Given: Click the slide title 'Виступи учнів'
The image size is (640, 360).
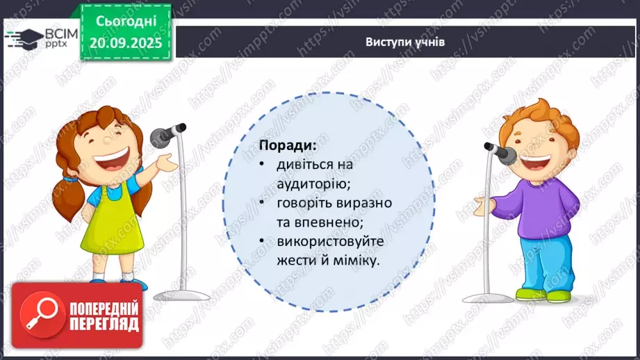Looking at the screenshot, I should [405, 42].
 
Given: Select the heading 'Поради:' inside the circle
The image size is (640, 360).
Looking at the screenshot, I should [287, 147].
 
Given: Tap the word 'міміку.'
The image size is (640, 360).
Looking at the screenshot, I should [359, 260].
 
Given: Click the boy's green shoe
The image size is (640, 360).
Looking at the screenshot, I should [557, 296].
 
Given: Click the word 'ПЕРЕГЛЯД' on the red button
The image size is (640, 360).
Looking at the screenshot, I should [102, 324].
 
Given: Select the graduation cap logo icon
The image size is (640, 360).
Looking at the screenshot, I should [24, 37].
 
